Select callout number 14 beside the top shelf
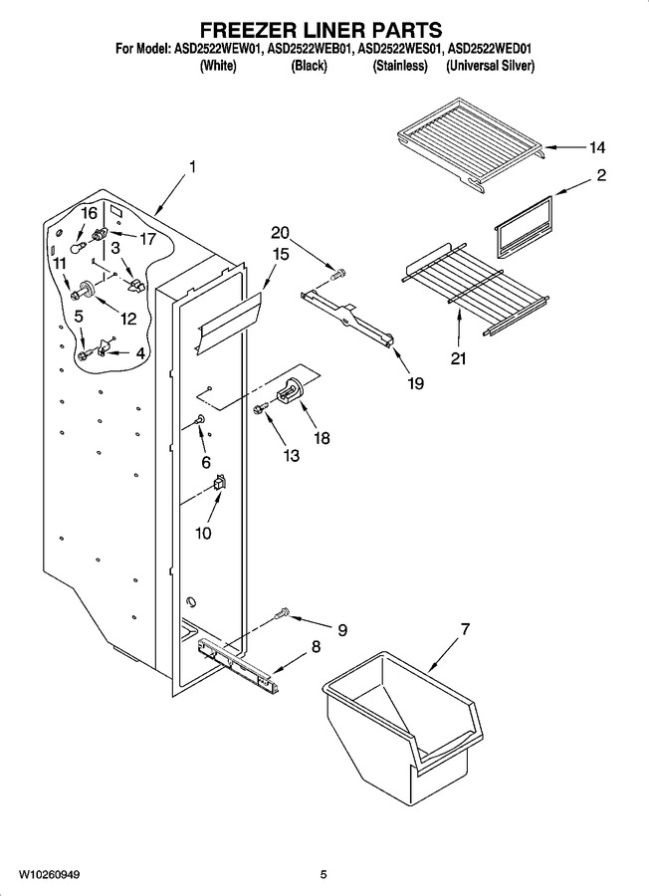(x=597, y=148)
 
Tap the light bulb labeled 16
(x=77, y=247)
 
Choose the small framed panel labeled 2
(x=524, y=226)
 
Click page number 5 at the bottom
(x=324, y=875)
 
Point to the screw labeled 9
(x=281, y=615)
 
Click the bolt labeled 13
(x=261, y=408)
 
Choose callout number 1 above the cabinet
(x=192, y=167)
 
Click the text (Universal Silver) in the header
(x=490, y=66)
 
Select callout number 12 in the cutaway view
(x=128, y=319)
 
